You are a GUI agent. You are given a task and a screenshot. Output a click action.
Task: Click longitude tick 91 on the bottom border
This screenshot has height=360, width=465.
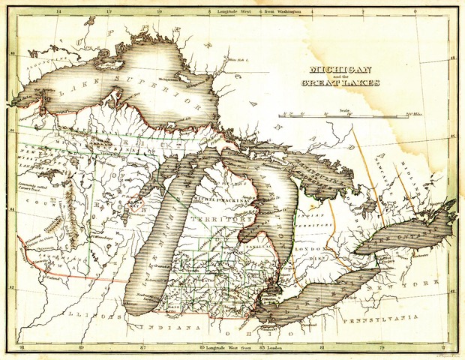click(22, 348)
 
